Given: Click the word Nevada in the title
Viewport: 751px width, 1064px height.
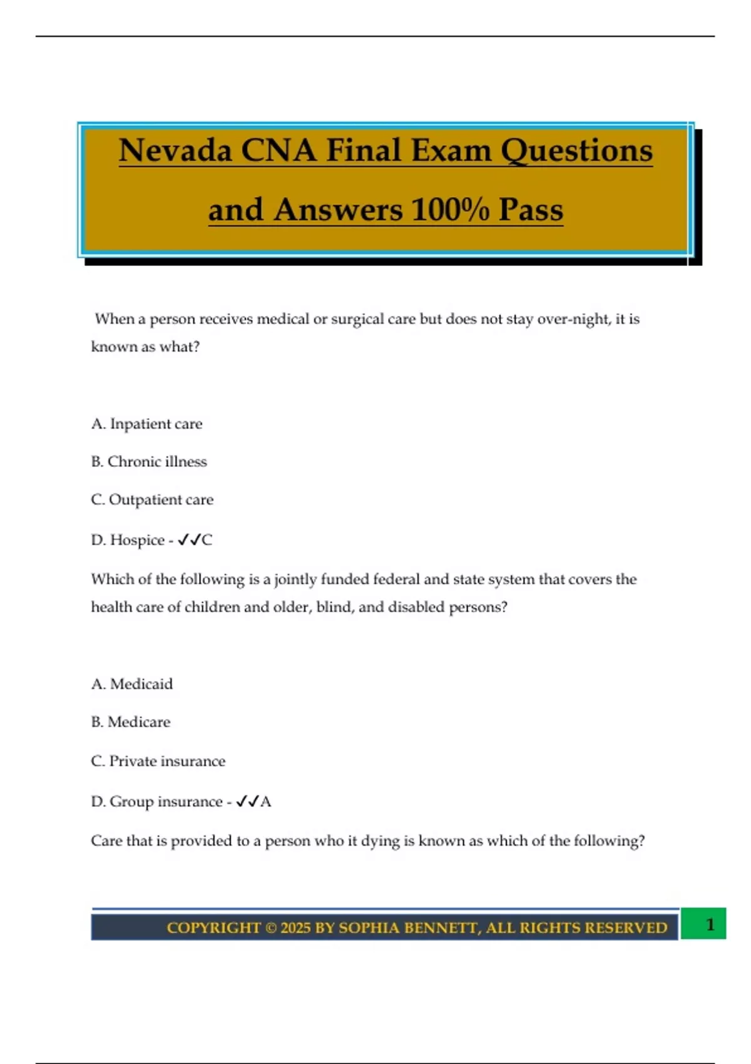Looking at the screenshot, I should click(x=175, y=151).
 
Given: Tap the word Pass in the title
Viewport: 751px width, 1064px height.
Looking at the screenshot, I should click(x=531, y=210).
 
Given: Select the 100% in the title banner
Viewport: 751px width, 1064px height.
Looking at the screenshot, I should click(x=450, y=210).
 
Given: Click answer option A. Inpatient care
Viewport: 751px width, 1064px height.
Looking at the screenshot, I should click(x=146, y=424).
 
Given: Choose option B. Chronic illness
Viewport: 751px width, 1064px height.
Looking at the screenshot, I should click(x=149, y=462).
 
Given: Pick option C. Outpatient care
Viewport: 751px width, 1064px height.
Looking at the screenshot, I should click(x=152, y=499).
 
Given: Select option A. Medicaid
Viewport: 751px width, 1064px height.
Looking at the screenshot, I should click(x=132, y=684).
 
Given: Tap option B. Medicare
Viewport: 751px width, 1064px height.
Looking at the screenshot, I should click(x=131, y=722).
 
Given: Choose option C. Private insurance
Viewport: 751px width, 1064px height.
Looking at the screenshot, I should click(x=158, y=761).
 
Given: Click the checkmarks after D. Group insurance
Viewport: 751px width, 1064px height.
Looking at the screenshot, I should click(x=247, y=801).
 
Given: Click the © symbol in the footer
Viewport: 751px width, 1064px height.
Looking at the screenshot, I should click(x=270, y=928).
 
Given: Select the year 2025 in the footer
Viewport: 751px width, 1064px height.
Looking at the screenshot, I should click(x=295, y=928).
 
